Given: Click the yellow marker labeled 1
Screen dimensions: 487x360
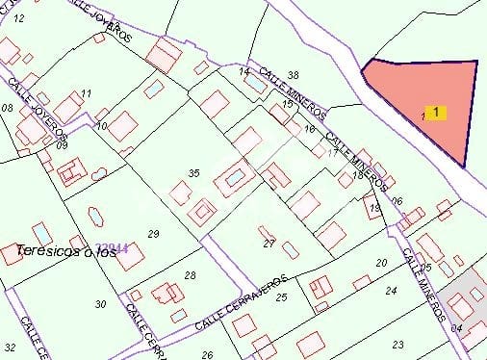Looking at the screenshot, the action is click(436, 113).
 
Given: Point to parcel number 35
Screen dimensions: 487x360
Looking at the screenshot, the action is click(193, 173).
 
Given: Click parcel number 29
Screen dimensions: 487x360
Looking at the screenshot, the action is click(153, 234).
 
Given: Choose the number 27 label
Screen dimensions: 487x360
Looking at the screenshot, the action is click(269, 244).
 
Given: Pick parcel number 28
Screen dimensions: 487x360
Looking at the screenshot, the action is click(190, 276).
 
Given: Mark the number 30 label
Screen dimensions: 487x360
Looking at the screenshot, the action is click(100, 304).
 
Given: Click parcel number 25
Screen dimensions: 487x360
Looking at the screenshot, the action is click(281, 297).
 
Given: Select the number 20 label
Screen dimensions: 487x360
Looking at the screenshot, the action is click(381, 263).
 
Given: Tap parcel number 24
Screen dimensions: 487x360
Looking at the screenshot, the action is click(391, 290).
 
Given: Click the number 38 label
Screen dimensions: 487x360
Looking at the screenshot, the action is click(294, 75).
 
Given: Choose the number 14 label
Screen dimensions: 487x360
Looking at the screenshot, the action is click(243, 71).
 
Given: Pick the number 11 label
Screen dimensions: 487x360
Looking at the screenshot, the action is click(87, 93).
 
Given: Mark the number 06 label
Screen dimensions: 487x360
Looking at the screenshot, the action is click(397, 201).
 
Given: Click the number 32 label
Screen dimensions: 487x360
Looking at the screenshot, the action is click(11, 346).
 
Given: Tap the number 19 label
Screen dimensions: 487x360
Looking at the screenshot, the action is click(374, 207).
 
